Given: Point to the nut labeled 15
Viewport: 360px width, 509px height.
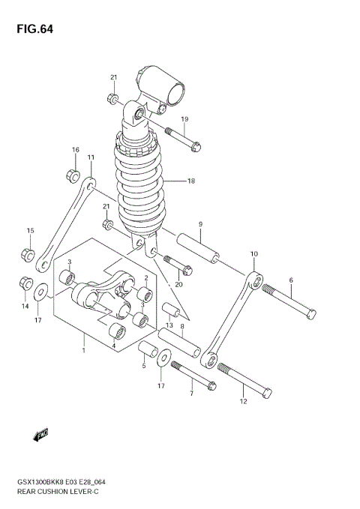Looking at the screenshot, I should coord(26,253).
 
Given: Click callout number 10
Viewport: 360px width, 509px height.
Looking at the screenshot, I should coord(253,254).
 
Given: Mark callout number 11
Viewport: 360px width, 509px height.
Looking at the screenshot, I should coord(91,157).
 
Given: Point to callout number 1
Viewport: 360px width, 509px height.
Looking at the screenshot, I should coord(84,349).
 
